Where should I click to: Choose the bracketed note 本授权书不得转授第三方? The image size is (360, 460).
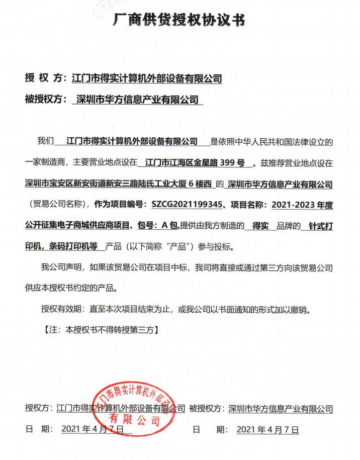109,330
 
